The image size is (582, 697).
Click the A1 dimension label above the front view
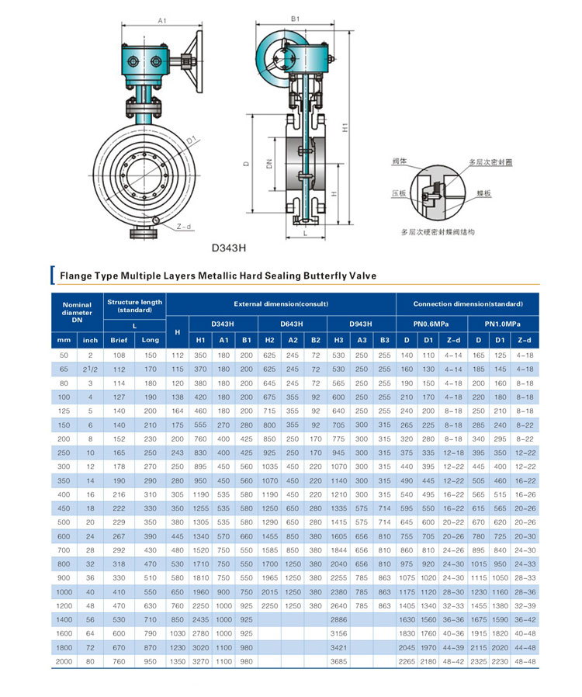pos(162,20)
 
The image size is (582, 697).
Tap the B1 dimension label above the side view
pos(295,19)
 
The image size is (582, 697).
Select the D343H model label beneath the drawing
pos(229,249)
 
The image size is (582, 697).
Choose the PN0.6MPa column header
pos(431,323)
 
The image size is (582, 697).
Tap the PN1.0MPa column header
pos(502,323)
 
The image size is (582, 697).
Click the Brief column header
pos(119,340)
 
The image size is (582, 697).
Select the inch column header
pos(91,340)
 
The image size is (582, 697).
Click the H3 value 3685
pos(339,661)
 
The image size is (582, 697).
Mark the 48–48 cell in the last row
pos(525,661)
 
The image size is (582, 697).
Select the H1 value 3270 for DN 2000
pos(200,661)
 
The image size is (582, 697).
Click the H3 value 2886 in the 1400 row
pos(339,619)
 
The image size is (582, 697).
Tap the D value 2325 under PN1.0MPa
pos(479,661)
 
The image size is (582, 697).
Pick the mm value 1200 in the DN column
pos(64,605)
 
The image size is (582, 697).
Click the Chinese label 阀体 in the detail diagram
pos(400,161)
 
